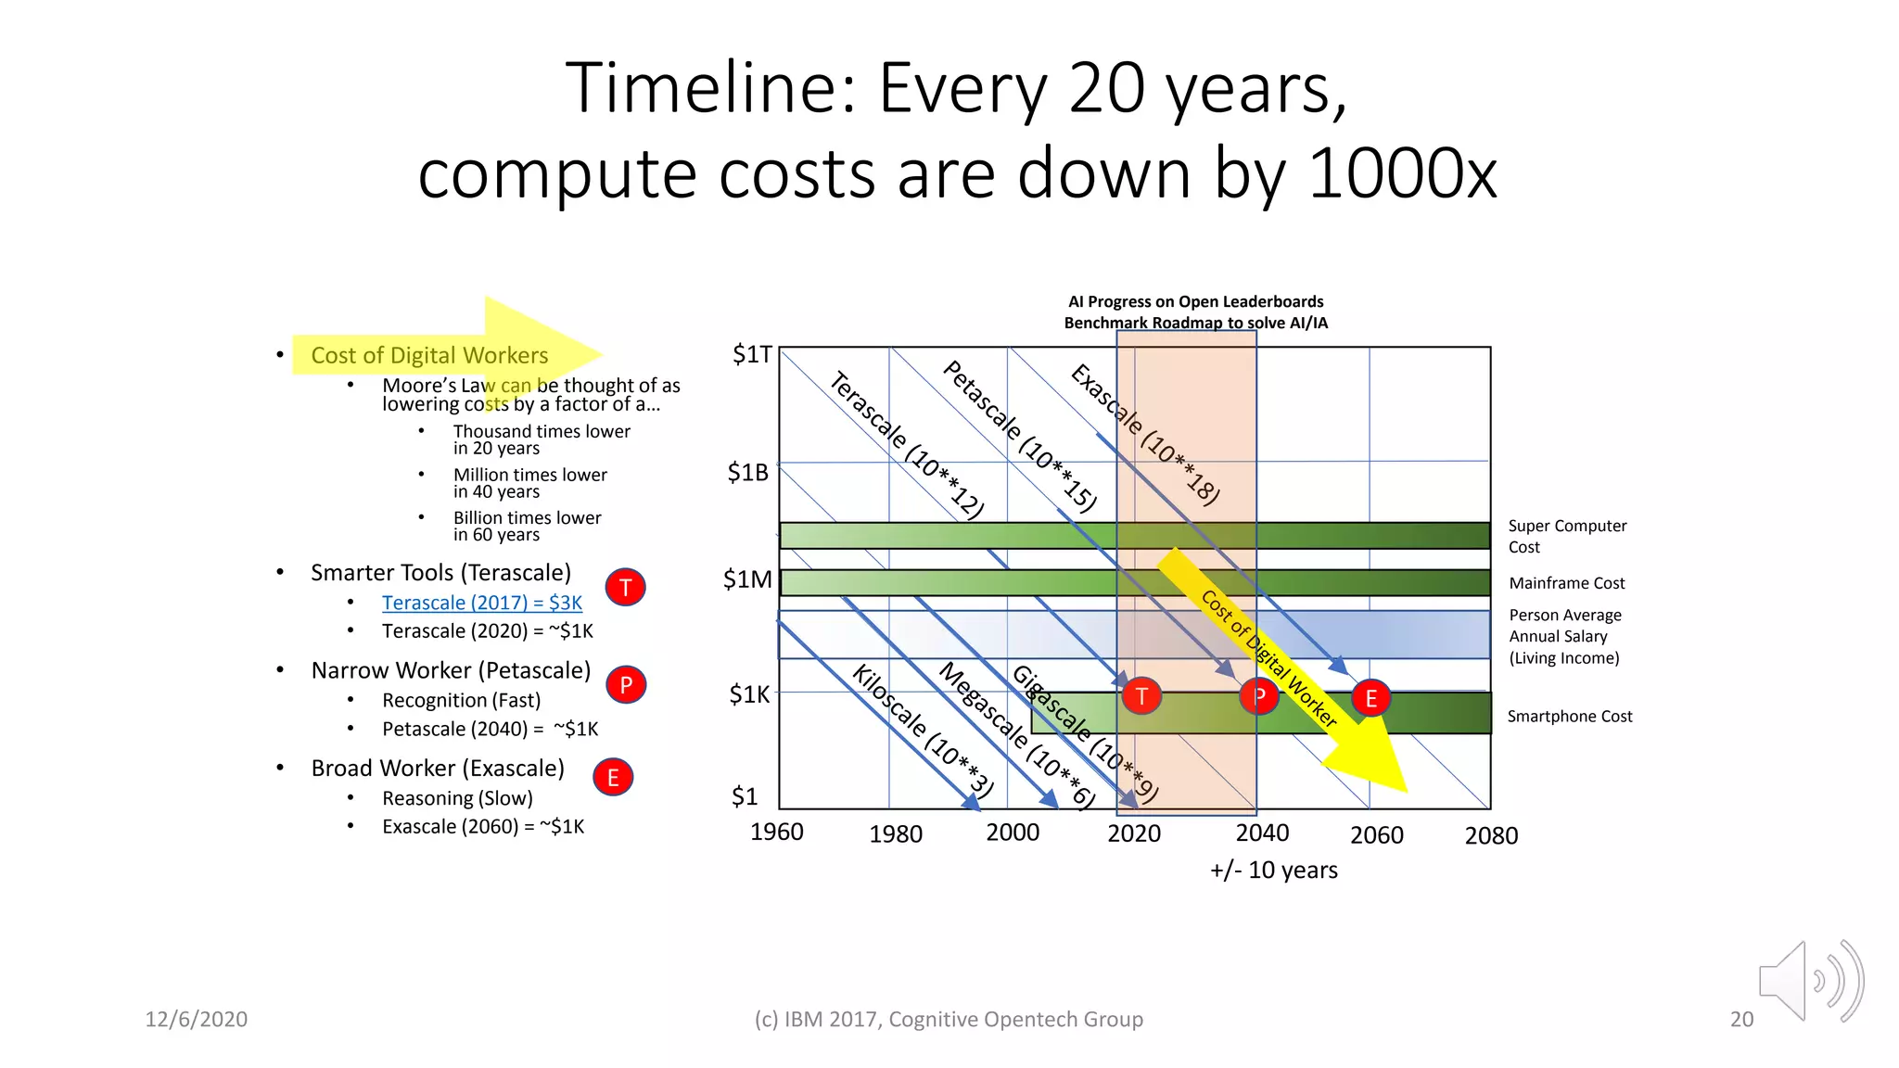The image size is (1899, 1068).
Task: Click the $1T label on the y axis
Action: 751,355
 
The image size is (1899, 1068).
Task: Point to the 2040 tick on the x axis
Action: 1262,833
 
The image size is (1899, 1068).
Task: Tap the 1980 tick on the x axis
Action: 895,834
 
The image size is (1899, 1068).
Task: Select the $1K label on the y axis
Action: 749,694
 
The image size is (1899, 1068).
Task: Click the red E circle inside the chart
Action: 1370,698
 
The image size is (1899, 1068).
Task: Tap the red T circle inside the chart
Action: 1141,695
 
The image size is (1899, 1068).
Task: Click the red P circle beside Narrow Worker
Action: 626,685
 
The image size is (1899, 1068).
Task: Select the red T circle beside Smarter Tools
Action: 626,587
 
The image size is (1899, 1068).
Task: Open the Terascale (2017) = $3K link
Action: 482,603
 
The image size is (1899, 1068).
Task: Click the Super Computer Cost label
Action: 1566,536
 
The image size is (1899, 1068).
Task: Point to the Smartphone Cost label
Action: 1569,716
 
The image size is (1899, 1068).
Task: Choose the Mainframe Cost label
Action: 1566,583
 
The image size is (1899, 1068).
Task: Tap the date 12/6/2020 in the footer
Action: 196,1019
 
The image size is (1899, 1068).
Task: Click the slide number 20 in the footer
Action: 1741,1019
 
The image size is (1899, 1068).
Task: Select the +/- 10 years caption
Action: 1273,870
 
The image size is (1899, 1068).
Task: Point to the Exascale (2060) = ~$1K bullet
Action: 482,826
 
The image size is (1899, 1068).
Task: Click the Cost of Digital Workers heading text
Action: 429,355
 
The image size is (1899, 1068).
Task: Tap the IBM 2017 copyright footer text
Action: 948,1019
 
